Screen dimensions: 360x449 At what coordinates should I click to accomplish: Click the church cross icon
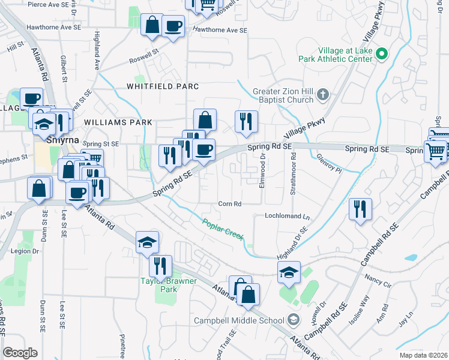pyautogui.click(x=323, y=94)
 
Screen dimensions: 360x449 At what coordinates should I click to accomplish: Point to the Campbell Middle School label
pyautogui.click(x=239, y=320)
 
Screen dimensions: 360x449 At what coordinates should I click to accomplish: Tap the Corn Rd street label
pyautogui.click(x=230, y=204)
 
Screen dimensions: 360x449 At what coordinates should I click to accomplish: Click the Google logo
pyautogui.click(x=19, y=353)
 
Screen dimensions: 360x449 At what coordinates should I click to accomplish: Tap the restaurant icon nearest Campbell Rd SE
pyautogui.click(x=360, y=209)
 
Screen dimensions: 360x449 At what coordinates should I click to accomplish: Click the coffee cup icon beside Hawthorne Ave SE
pyautogui.click(x=173, y=26)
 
